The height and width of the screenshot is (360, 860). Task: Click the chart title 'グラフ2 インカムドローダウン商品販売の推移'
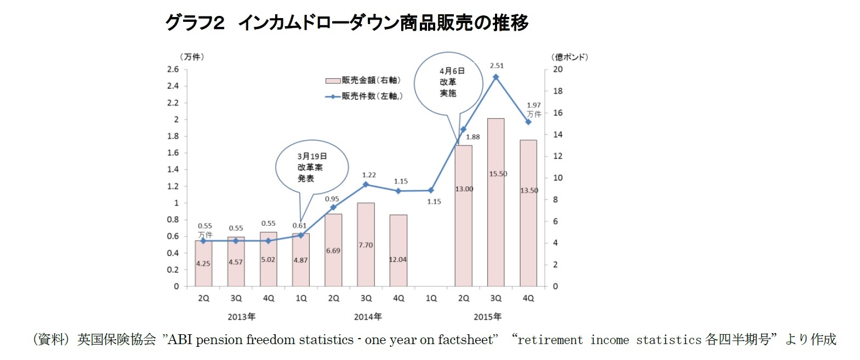pos(346,22)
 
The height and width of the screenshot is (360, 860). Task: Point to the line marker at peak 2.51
pos(496,77)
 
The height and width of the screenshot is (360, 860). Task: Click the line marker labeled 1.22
pos(366,184)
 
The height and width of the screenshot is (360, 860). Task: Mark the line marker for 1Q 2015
pos(431,191)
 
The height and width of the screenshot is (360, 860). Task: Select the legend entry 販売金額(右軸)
pos(363,81)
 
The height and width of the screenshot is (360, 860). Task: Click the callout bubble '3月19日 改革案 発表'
pos(311,167)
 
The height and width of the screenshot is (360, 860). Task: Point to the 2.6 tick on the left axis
pos(173,69)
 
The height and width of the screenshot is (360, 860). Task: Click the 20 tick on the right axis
pos(557,69)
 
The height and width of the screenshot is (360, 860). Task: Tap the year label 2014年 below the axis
pos(367,317)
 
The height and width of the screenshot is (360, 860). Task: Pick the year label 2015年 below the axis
pos(487,317)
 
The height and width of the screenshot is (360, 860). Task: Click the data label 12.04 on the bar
pos(398,260)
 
